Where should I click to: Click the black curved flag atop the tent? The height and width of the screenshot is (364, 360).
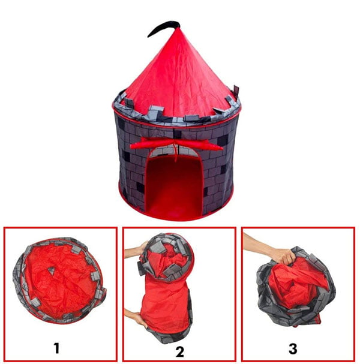click(163, 26)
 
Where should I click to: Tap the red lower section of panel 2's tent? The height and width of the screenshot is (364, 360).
click(165, 306)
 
